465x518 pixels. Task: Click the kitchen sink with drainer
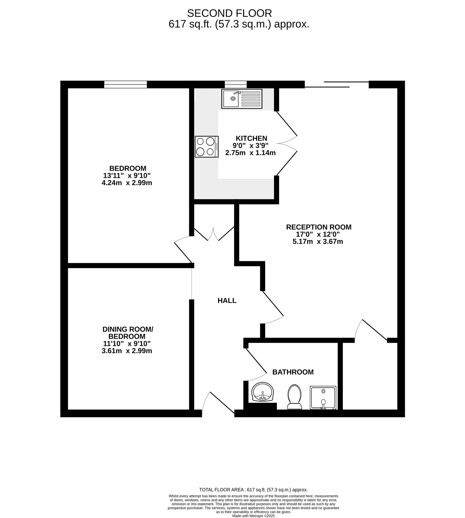242,99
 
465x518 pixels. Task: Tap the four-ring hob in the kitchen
207,147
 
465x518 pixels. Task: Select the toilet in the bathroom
294,397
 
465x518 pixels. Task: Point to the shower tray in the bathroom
323,398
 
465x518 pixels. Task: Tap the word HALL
227,301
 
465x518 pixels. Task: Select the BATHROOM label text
293,372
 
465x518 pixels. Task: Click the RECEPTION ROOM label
319,227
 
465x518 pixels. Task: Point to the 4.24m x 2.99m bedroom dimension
127,183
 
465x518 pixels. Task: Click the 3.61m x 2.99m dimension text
127,351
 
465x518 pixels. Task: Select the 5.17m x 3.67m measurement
318,242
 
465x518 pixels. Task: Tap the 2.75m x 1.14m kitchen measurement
250,153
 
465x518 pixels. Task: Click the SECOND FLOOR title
229,13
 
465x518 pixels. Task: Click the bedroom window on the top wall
125,84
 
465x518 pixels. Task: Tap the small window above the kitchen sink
235,84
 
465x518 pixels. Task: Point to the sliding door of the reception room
336,84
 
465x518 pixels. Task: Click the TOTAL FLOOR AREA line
253,490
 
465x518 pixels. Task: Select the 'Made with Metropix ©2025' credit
253,516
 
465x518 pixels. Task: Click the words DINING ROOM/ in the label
128,329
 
